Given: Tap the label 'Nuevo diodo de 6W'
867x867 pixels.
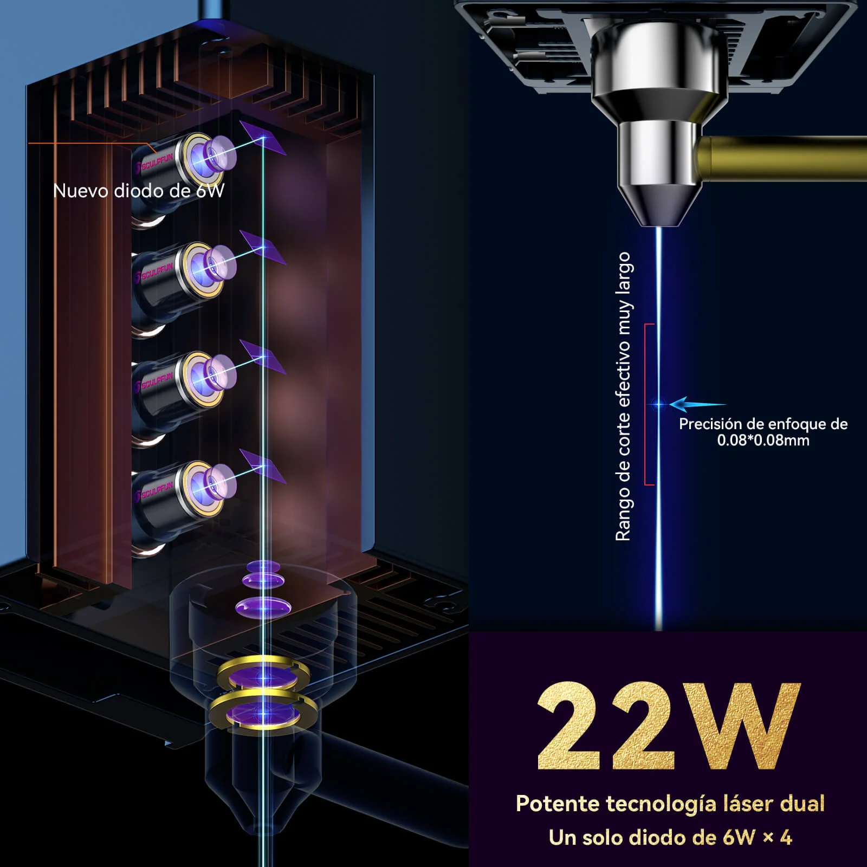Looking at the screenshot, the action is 139,191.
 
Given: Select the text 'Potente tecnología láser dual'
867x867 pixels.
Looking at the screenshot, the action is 670,804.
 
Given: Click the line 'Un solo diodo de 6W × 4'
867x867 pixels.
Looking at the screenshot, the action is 670,838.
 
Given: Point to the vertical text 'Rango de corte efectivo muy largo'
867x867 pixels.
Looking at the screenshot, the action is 623,396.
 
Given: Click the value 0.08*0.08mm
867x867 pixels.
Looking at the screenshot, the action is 763,440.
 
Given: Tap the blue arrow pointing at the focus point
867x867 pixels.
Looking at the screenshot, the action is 697,404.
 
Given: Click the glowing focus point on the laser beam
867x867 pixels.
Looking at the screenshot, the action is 659,404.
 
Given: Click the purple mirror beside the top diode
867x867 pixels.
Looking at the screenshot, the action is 263,138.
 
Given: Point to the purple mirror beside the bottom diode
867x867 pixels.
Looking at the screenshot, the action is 263,466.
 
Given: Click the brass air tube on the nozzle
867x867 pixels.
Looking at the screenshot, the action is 783,157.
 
